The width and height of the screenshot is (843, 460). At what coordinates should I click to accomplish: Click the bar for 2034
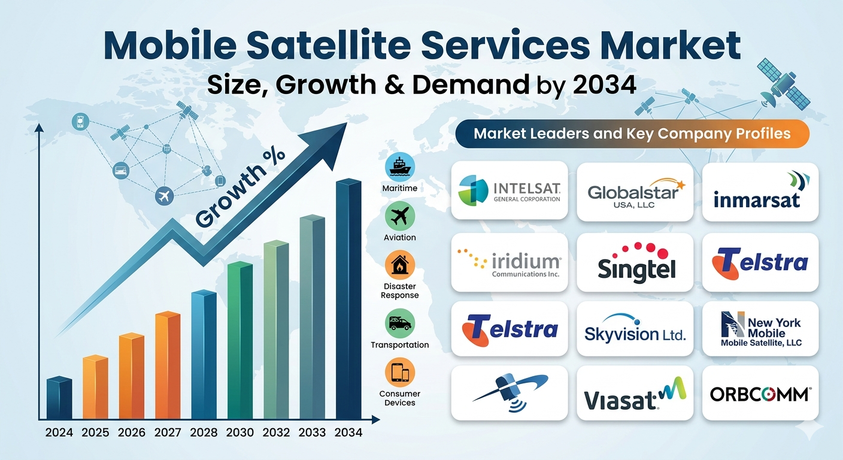pos(348,299)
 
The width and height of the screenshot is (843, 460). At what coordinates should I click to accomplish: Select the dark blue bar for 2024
pos(59,398)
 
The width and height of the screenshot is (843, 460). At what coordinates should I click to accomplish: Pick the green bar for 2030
pos(240,340)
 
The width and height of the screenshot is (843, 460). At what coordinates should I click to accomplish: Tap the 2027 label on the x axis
pos(168,432)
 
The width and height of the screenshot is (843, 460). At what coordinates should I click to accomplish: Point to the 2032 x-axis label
pos(276,432)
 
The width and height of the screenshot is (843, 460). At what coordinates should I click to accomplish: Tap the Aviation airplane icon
pos(400,216)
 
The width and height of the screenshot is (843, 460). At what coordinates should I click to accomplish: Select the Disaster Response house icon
pos(400,265)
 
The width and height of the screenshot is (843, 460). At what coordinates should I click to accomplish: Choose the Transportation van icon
pos(400,323)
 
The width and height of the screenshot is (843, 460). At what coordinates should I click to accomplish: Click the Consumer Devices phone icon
pos(400,373)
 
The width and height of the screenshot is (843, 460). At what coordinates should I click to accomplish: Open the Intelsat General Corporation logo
pos(510,190)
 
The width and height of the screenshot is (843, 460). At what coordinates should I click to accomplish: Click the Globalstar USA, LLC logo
pos(635,193)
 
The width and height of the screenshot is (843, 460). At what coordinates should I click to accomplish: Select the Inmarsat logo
pos(760,190)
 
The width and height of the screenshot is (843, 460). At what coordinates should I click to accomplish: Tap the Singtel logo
pos(635,263)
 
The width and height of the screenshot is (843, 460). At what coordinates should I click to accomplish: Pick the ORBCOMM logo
pos(760,394)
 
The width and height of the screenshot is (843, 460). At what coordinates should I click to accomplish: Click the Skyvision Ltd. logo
pos(635,328)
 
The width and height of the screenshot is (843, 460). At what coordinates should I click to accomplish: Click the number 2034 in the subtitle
pos(604,84)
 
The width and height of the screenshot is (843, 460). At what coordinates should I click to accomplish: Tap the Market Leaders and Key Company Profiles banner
pos(632,134)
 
